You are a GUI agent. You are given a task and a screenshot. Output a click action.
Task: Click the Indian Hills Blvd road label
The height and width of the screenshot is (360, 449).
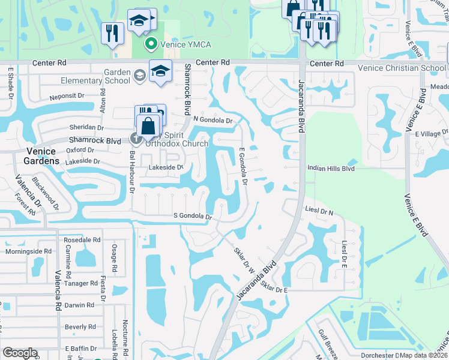pos(331,169)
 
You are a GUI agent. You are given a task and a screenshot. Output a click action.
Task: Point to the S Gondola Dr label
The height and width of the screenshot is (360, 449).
pos(193,216)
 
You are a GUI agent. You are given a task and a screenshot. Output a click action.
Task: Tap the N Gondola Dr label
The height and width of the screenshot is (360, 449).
pos(212,120)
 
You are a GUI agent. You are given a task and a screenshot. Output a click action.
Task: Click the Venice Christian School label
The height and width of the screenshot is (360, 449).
pos(402,68)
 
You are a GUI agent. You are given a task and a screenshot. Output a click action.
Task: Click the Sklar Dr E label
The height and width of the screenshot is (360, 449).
pos(276,290)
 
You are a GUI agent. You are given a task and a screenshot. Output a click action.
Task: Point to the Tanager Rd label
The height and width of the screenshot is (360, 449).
pos(80,283)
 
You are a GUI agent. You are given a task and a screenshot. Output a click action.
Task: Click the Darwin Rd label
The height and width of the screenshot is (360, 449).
pos(80,305)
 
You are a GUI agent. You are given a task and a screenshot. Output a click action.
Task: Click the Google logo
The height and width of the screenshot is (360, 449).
pos(20,353)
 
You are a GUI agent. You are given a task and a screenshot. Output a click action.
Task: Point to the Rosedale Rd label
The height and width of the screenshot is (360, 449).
pos(86,240)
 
